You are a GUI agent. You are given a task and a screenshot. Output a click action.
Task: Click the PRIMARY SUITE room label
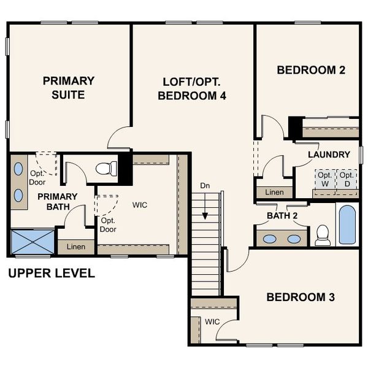pyautogui.click(x=68, y=88)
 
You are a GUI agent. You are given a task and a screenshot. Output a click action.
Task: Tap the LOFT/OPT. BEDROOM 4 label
pyautogui.click(x=192, y=88)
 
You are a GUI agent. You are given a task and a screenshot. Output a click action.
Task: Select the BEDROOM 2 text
pyautogui.click(x=311, y=70)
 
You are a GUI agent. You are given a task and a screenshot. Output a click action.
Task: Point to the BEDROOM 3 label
pyautogui.click(x=300, y=297)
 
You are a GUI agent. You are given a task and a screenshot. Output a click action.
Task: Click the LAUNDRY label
pyautogui.click(x=329, y=155)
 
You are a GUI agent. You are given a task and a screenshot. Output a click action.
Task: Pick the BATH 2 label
pyautogui.click(x=282, y=216)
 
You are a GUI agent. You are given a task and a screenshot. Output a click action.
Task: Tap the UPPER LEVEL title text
pyautogui.click(x=52, y=273)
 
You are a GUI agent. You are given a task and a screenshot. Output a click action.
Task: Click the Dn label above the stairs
pyautogui.click(x=205, y=186)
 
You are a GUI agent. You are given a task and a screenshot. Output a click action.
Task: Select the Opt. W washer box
pyautogui.click(x=324, y=179)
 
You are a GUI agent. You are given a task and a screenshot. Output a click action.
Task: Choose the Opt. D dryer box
pyautogui.click(x=347, y=179)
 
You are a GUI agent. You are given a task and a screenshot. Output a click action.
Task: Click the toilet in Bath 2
pyautogui.click(x=323, y=234)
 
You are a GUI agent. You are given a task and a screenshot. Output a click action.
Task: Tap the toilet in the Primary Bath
pyautogui.click(x=107, y=167)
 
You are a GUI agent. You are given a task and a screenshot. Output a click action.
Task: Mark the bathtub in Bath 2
pyautogui.click(x=347, y=224)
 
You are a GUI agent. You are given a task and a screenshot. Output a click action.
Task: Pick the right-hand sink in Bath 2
pyautogui.click(x=294, y=239)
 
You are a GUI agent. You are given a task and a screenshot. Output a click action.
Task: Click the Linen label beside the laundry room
pyautogui.click(x=274, y=193)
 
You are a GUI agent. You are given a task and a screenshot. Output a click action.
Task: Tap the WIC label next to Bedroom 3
pyautogui.click(x=212, y=321)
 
